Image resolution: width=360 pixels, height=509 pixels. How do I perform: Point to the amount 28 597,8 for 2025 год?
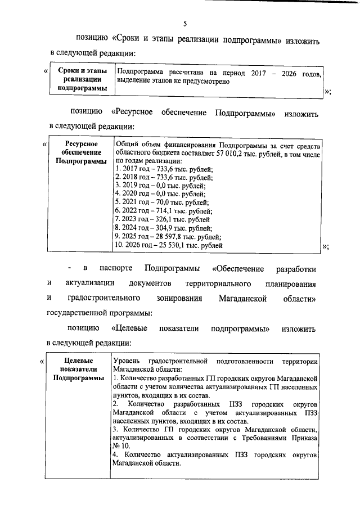[x=172, y=237]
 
